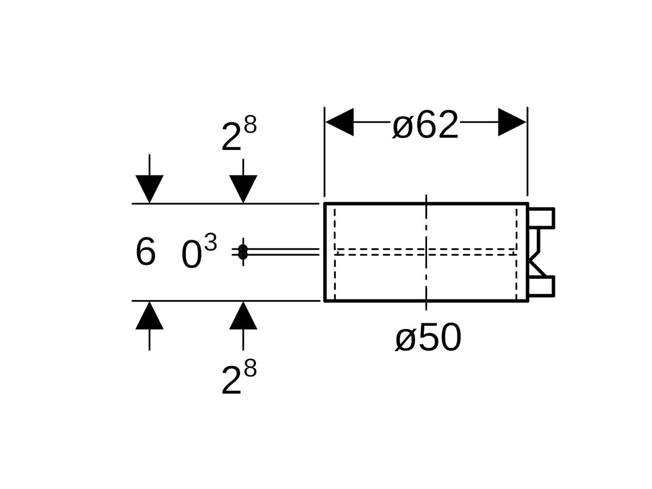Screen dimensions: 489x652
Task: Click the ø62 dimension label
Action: [x=425, y=125]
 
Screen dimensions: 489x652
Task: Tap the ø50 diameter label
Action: [x=428, y=338]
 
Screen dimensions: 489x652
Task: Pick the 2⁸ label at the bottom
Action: [x=239, y=379]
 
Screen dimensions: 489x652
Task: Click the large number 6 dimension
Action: [x=145, y=252]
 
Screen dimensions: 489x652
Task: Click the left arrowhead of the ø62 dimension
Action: [x=340, y=122]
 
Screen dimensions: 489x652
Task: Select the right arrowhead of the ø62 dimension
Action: [x=512, y=122]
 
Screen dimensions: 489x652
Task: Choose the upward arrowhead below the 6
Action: [x=149, y=316]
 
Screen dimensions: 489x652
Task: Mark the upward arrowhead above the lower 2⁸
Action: [x=243, y=316]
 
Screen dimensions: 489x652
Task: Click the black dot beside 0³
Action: [x=243, y=252]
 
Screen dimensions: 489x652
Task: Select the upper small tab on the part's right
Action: [x=542, y=217]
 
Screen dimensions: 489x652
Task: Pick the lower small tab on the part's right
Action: [x=542, y=286]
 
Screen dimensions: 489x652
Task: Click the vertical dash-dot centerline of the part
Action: [x=427, y=228]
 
